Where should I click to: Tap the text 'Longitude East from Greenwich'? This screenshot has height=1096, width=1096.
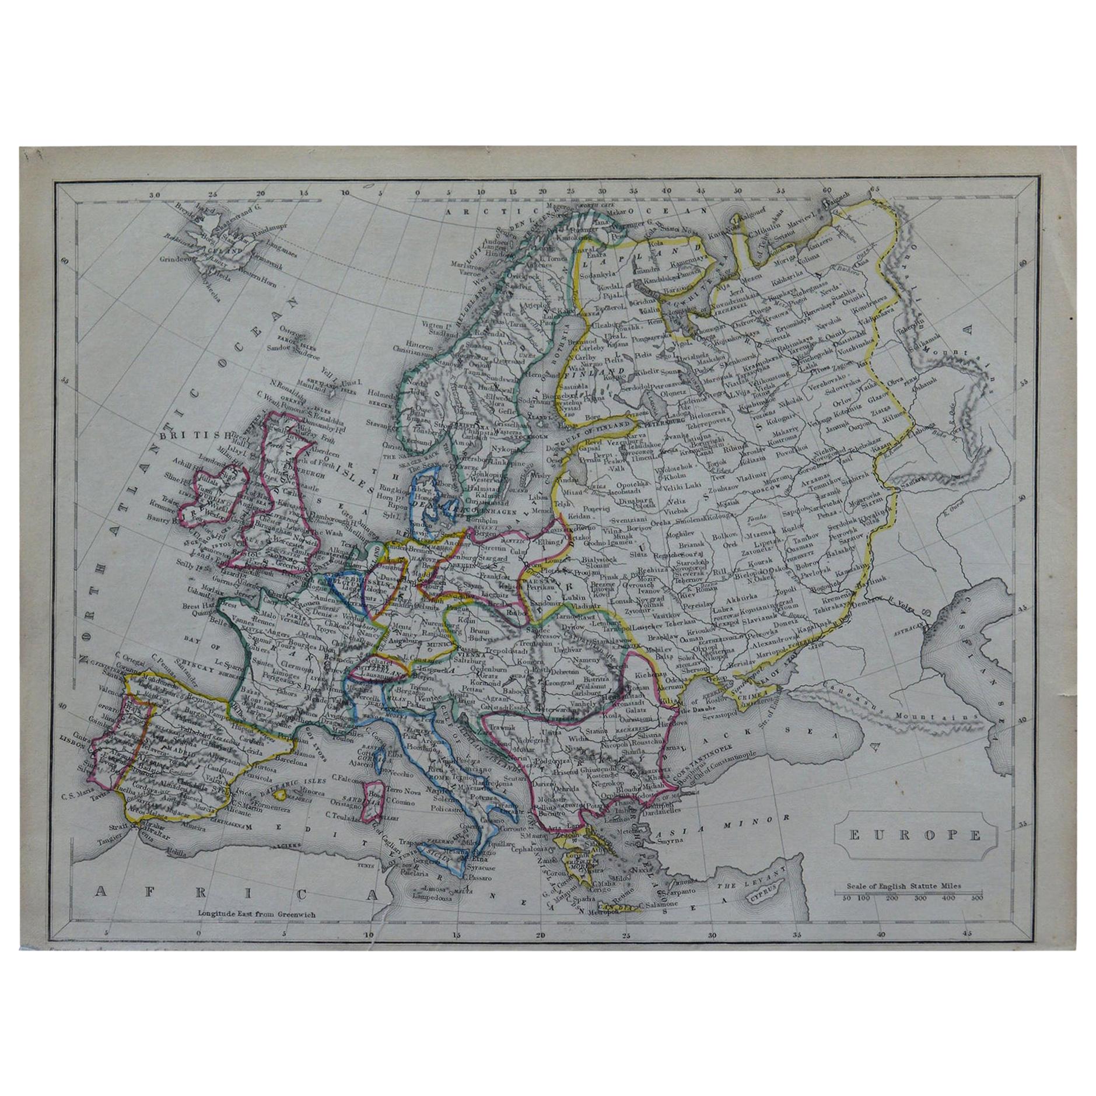[x=257, y=915]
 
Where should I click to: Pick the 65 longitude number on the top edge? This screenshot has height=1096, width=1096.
[x=874, y=205]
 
